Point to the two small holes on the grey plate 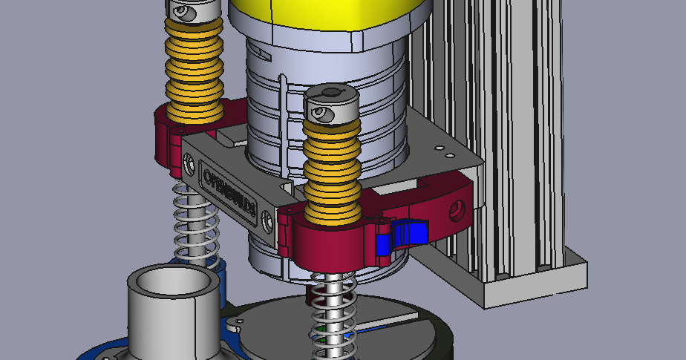point(445,152)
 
